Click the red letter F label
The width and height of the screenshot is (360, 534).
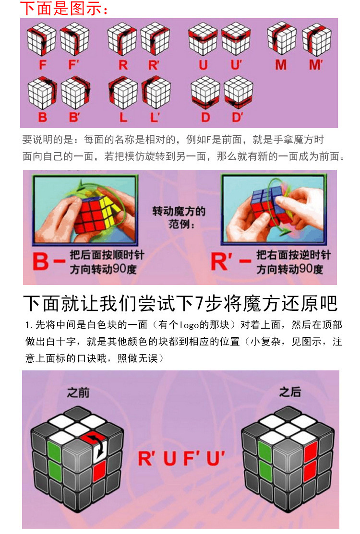point(43,65)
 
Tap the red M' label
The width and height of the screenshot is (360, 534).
point(316,64)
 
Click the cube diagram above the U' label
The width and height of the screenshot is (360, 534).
point(236,39)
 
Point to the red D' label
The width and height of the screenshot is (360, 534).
point(238,117)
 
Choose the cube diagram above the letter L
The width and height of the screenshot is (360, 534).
point(123,92)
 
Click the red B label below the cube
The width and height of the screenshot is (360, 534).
point(43,117)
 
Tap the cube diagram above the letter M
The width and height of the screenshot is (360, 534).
point(281,38)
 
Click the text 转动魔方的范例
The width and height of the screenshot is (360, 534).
point(179,217)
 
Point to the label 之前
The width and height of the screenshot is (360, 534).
point(78,392)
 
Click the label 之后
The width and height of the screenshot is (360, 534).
point(290,392)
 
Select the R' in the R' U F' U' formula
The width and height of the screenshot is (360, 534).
point(146,458)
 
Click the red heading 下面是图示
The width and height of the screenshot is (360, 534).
point(64,8)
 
